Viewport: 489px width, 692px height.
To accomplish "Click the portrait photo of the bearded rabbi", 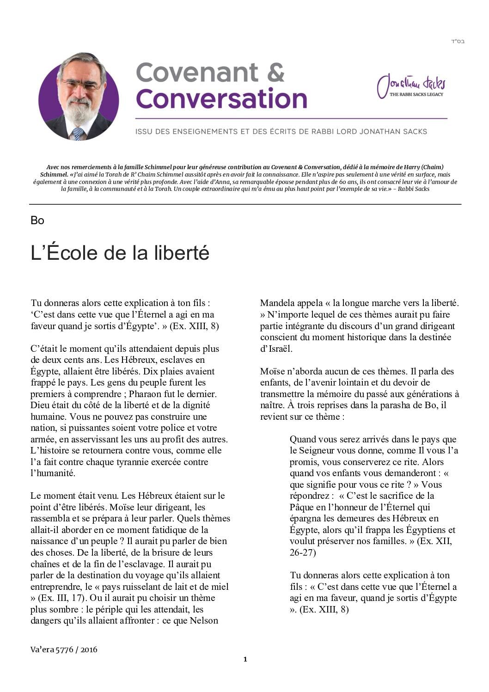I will coord(79,96).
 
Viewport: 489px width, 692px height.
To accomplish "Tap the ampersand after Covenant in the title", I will coord(275,73).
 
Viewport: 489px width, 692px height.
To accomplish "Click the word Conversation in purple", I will coord(221,98).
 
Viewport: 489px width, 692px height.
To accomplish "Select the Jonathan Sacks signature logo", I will coord(411,85).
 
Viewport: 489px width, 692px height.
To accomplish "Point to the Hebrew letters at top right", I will coord(457,42).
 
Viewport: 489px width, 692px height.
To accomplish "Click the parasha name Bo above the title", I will coord(37,220).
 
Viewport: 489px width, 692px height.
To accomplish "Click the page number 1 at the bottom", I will coord(245,659).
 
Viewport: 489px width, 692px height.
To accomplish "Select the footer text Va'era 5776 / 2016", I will coord(64,649).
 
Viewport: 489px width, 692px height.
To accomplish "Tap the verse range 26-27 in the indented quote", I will coord(303,552).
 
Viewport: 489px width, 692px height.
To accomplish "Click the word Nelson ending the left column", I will coord(204,621).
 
